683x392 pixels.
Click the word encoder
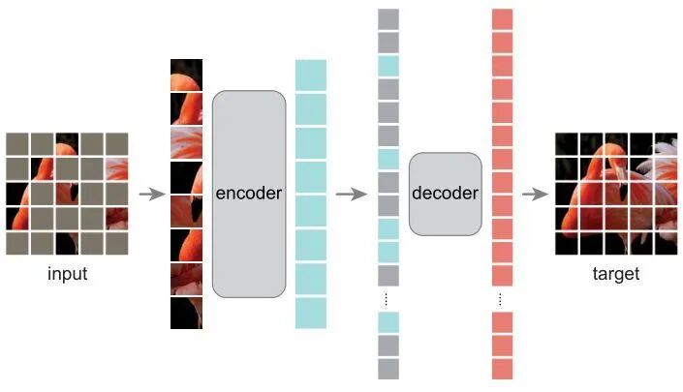tap(249, 194)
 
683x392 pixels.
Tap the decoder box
tap(445, 194)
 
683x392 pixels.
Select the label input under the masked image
tap(68, 274)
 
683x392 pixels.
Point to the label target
tap(615, 274)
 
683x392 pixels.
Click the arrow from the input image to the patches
tap(151, 194)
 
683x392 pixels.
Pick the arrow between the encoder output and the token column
tap(351, 194)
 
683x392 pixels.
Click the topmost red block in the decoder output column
tap(502, 19)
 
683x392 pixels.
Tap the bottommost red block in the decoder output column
tap(502, 369)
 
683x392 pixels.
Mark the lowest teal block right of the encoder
tap(311, 313)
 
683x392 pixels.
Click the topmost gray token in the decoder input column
tap(388, 19)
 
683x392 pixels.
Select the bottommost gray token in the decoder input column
tap(388, 369)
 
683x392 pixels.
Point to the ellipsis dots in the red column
tap(502, 298)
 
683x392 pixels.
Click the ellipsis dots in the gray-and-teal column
tap(388, 298)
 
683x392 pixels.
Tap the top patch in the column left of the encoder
tap(186, 75)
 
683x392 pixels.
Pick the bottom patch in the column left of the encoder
tap(186, 313)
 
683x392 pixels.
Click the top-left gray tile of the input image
tap(17, 143)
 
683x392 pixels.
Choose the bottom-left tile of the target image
tap(566, 243)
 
